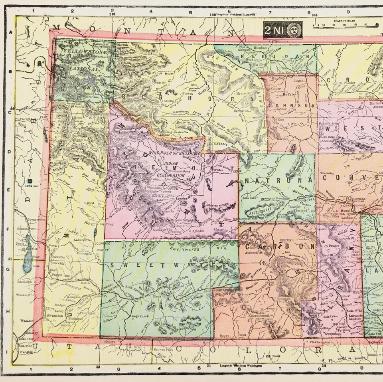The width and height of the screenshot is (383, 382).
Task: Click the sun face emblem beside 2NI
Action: [294, 30]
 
